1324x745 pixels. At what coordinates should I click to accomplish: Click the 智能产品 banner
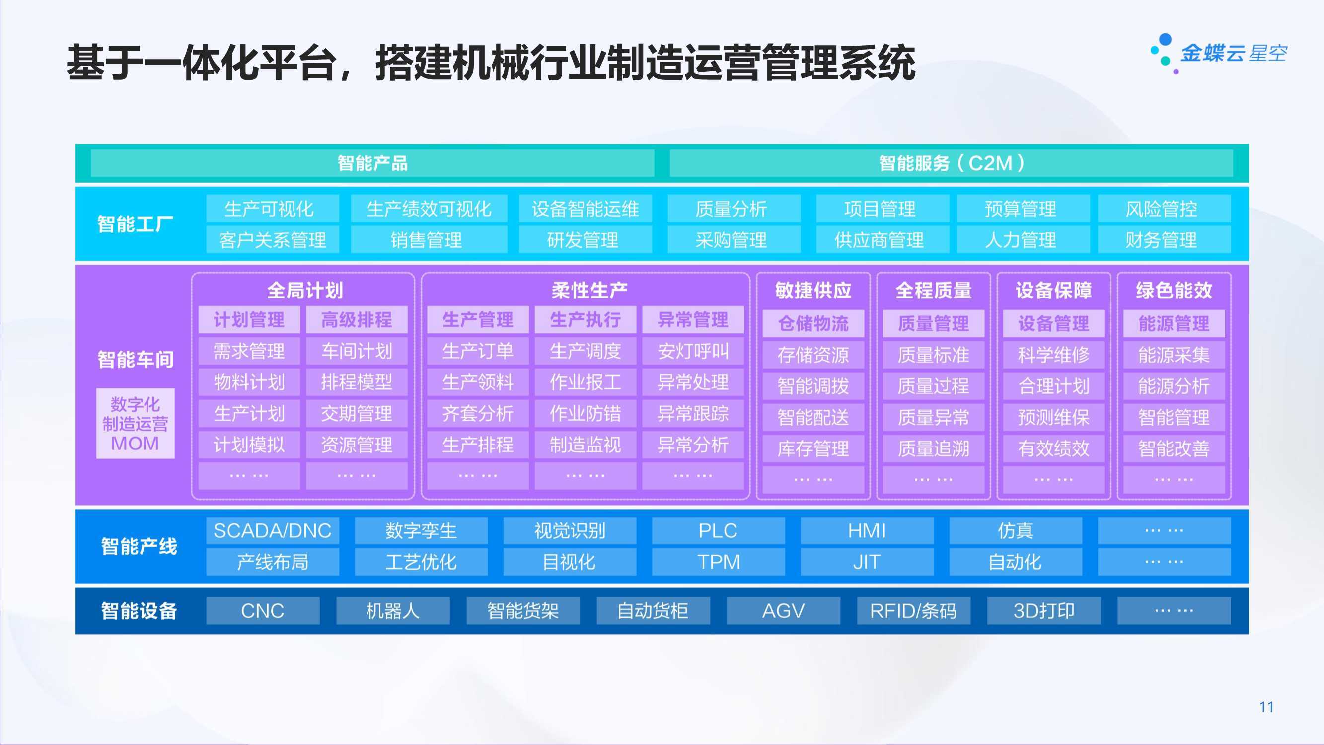[372, 163]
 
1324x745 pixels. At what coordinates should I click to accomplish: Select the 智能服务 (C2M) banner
[951, 163]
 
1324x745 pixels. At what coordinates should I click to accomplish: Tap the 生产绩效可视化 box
[429, 208]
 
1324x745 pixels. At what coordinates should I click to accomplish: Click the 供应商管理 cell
[882, 239]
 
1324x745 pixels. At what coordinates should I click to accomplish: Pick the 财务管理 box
[1164, 239]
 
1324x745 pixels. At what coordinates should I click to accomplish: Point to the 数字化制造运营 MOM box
[135, 423]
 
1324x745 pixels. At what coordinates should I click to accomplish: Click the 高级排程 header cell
[357, 320]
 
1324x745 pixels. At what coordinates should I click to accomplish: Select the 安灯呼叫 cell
[693, 351]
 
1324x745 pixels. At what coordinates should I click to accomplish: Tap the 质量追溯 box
[933, 448]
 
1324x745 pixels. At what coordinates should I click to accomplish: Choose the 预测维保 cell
[1054, 417]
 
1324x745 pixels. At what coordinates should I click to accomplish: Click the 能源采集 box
[1174, 355]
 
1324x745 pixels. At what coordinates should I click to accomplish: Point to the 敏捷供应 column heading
[813, 291]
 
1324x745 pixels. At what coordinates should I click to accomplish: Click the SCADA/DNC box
[273, 530]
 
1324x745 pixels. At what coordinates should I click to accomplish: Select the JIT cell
[867, 562]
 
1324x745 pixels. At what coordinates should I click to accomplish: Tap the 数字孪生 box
[421, 530]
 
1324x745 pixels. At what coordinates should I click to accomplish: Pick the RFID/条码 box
[913, 611]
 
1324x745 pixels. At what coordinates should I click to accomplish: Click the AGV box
[783, 611]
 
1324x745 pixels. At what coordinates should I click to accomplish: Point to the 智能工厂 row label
[135, 224]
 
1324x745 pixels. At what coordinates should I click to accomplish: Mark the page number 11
[1266, 707]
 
